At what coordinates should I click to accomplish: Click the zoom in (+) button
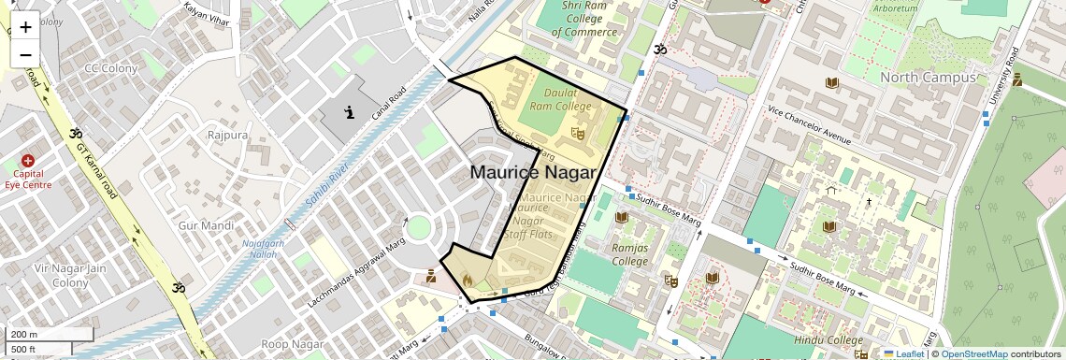click(25, 27)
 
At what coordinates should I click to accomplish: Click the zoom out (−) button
click(25, 55)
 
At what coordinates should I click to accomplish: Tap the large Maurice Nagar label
click(532, 172)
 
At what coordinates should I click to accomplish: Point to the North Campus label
click(927, 78)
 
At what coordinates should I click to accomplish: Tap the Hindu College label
click(828, 340)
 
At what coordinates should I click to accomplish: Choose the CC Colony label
click(104, 68)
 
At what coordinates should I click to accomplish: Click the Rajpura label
click(227, 135)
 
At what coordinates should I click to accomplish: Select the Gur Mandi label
click(205, 225)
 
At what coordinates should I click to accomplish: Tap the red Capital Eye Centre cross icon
click(27, 161)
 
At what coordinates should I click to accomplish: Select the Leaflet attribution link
click(903, 353)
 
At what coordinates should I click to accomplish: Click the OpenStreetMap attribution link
click(973, 353)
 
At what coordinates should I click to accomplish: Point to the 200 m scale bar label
click(23, 334)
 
